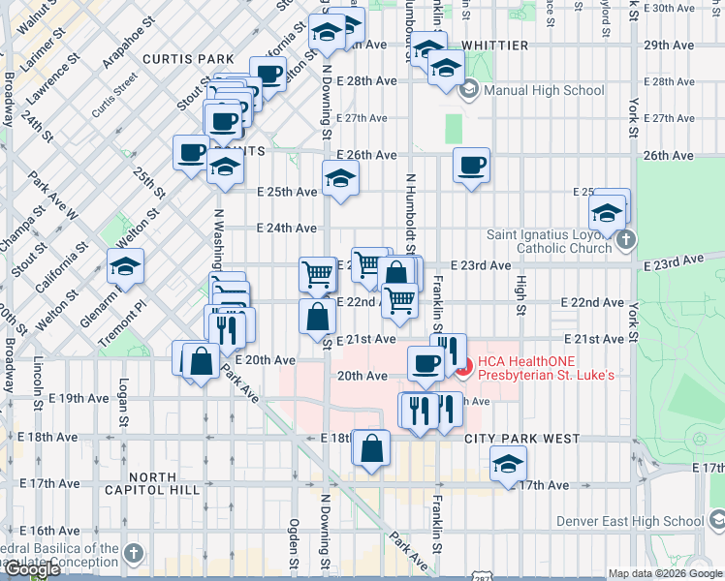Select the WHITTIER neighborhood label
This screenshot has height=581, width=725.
point(494,46)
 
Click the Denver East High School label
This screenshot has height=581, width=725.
point(630,521)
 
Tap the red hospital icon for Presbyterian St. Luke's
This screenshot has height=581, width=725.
point(463,368)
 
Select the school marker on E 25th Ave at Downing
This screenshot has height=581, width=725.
point(339,178)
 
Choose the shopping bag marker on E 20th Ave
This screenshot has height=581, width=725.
point(201,361)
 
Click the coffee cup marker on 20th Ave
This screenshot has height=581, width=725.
point(425,364)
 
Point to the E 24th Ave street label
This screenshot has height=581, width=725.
point(286,229)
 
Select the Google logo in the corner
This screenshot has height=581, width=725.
point(31,569)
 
